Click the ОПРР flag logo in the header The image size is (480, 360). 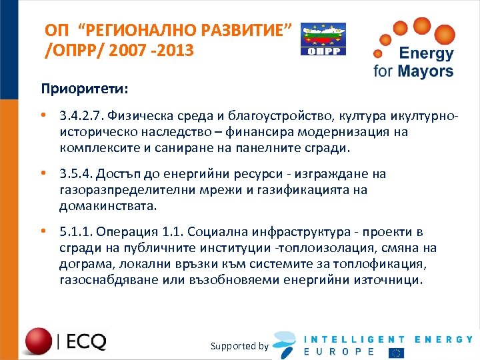click(323, 39)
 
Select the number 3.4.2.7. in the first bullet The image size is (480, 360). click(81, 117)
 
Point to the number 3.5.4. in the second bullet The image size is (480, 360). click(75, 175)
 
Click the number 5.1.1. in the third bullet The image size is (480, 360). click(75, 232)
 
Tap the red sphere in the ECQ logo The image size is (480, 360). click(39, 341)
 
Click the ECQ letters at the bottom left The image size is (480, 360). click(86, 342)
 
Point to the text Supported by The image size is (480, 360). click(239, 346)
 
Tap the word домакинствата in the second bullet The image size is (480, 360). click(108, 205)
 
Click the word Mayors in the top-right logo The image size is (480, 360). click(424, 71)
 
